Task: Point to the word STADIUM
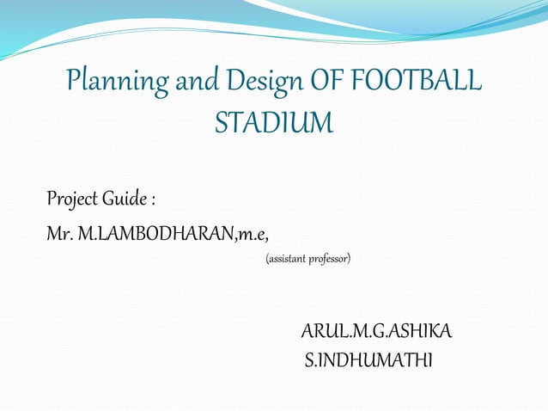click(x=273, y=124)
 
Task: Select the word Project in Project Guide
click(x=72, y=200)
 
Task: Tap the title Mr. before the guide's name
click(x=59, y=233)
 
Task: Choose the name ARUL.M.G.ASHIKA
click(x=376, y=332)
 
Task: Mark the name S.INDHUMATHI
click(x=369, y=358)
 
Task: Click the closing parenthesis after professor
click(x=350, y=258)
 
